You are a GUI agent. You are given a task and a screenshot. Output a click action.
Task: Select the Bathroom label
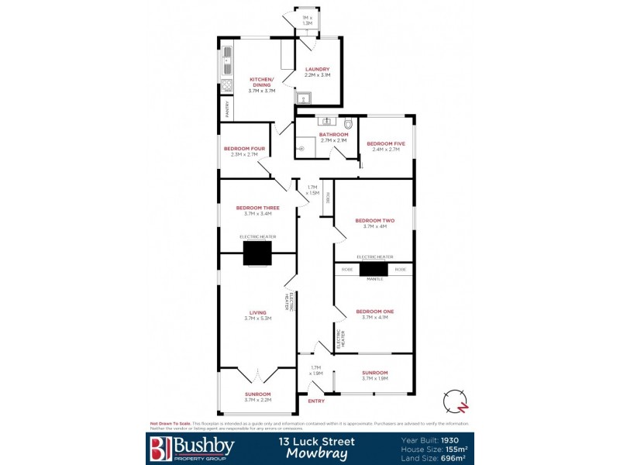[x=334, y=135]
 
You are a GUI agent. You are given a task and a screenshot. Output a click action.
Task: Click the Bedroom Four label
[x=244, y=149]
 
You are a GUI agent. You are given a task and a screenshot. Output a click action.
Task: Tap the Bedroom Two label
[x=374, y=220]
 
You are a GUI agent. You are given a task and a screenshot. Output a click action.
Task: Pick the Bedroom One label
[x=374, y=312]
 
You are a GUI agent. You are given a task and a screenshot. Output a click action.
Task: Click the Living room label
[x=257, y=313]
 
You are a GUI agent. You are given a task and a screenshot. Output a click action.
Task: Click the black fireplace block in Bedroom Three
[x=257, y=253]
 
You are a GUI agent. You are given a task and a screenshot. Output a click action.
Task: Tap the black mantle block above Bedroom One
[x=373, y=269]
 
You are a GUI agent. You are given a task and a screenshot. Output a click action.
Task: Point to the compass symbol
[x=455, y=402]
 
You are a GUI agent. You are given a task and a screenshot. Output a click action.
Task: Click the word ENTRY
[x=316, y=401]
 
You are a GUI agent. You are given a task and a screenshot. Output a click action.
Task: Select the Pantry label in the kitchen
[x=227, y=109]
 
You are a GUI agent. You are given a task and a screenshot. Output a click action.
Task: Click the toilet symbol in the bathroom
[x=349, y=122]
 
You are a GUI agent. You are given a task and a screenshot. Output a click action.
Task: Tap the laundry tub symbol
[x=304, y=98]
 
